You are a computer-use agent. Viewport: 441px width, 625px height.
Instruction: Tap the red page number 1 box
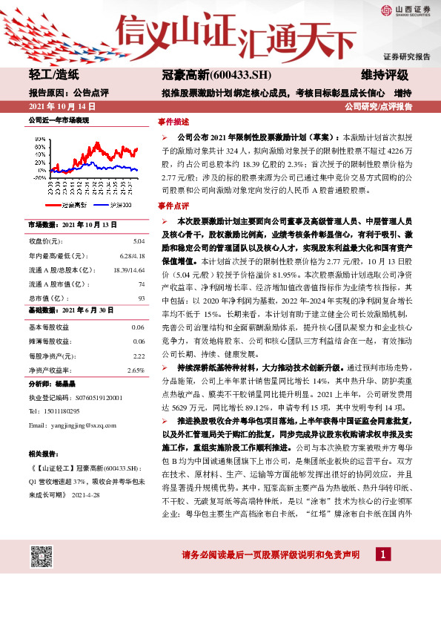(382, 554)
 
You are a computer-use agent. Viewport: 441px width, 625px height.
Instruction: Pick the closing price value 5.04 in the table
(139, 242)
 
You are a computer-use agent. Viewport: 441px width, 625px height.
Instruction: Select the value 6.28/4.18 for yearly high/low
(131, 256)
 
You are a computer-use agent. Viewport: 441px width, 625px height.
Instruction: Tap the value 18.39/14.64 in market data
(127, 270)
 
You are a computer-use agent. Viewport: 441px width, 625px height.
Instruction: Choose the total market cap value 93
(141, 298)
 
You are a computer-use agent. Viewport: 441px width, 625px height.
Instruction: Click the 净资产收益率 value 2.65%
(136, 370)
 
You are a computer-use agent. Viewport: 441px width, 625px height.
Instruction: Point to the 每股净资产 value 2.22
(139, 356)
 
